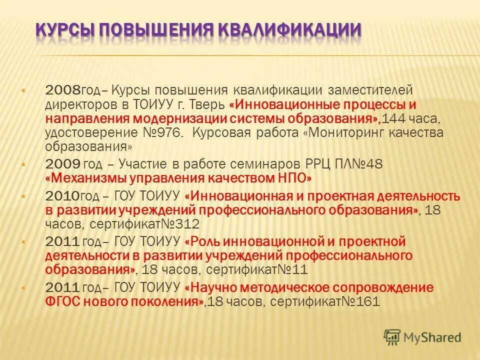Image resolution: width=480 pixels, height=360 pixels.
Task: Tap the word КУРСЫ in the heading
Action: [x=63, y=28]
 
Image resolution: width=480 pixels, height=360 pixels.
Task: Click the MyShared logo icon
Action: [x=392, y=336]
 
